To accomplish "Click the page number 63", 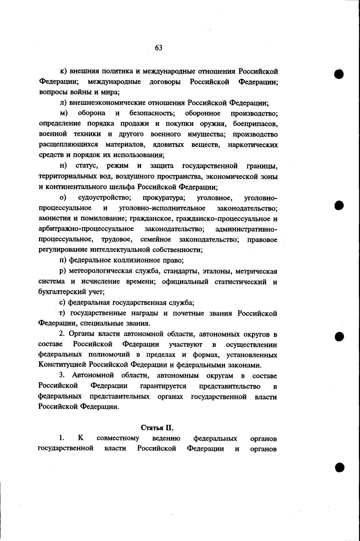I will (x=158, y=48).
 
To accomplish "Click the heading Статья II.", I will (x=157, y=428).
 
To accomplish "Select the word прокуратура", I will (x=164, y=198).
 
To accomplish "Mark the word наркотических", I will (x=253, y=144).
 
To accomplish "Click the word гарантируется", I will (x=163, y=386).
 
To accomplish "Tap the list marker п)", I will (x=62, y=260).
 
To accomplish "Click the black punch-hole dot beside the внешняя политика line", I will (x=340, y=75).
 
